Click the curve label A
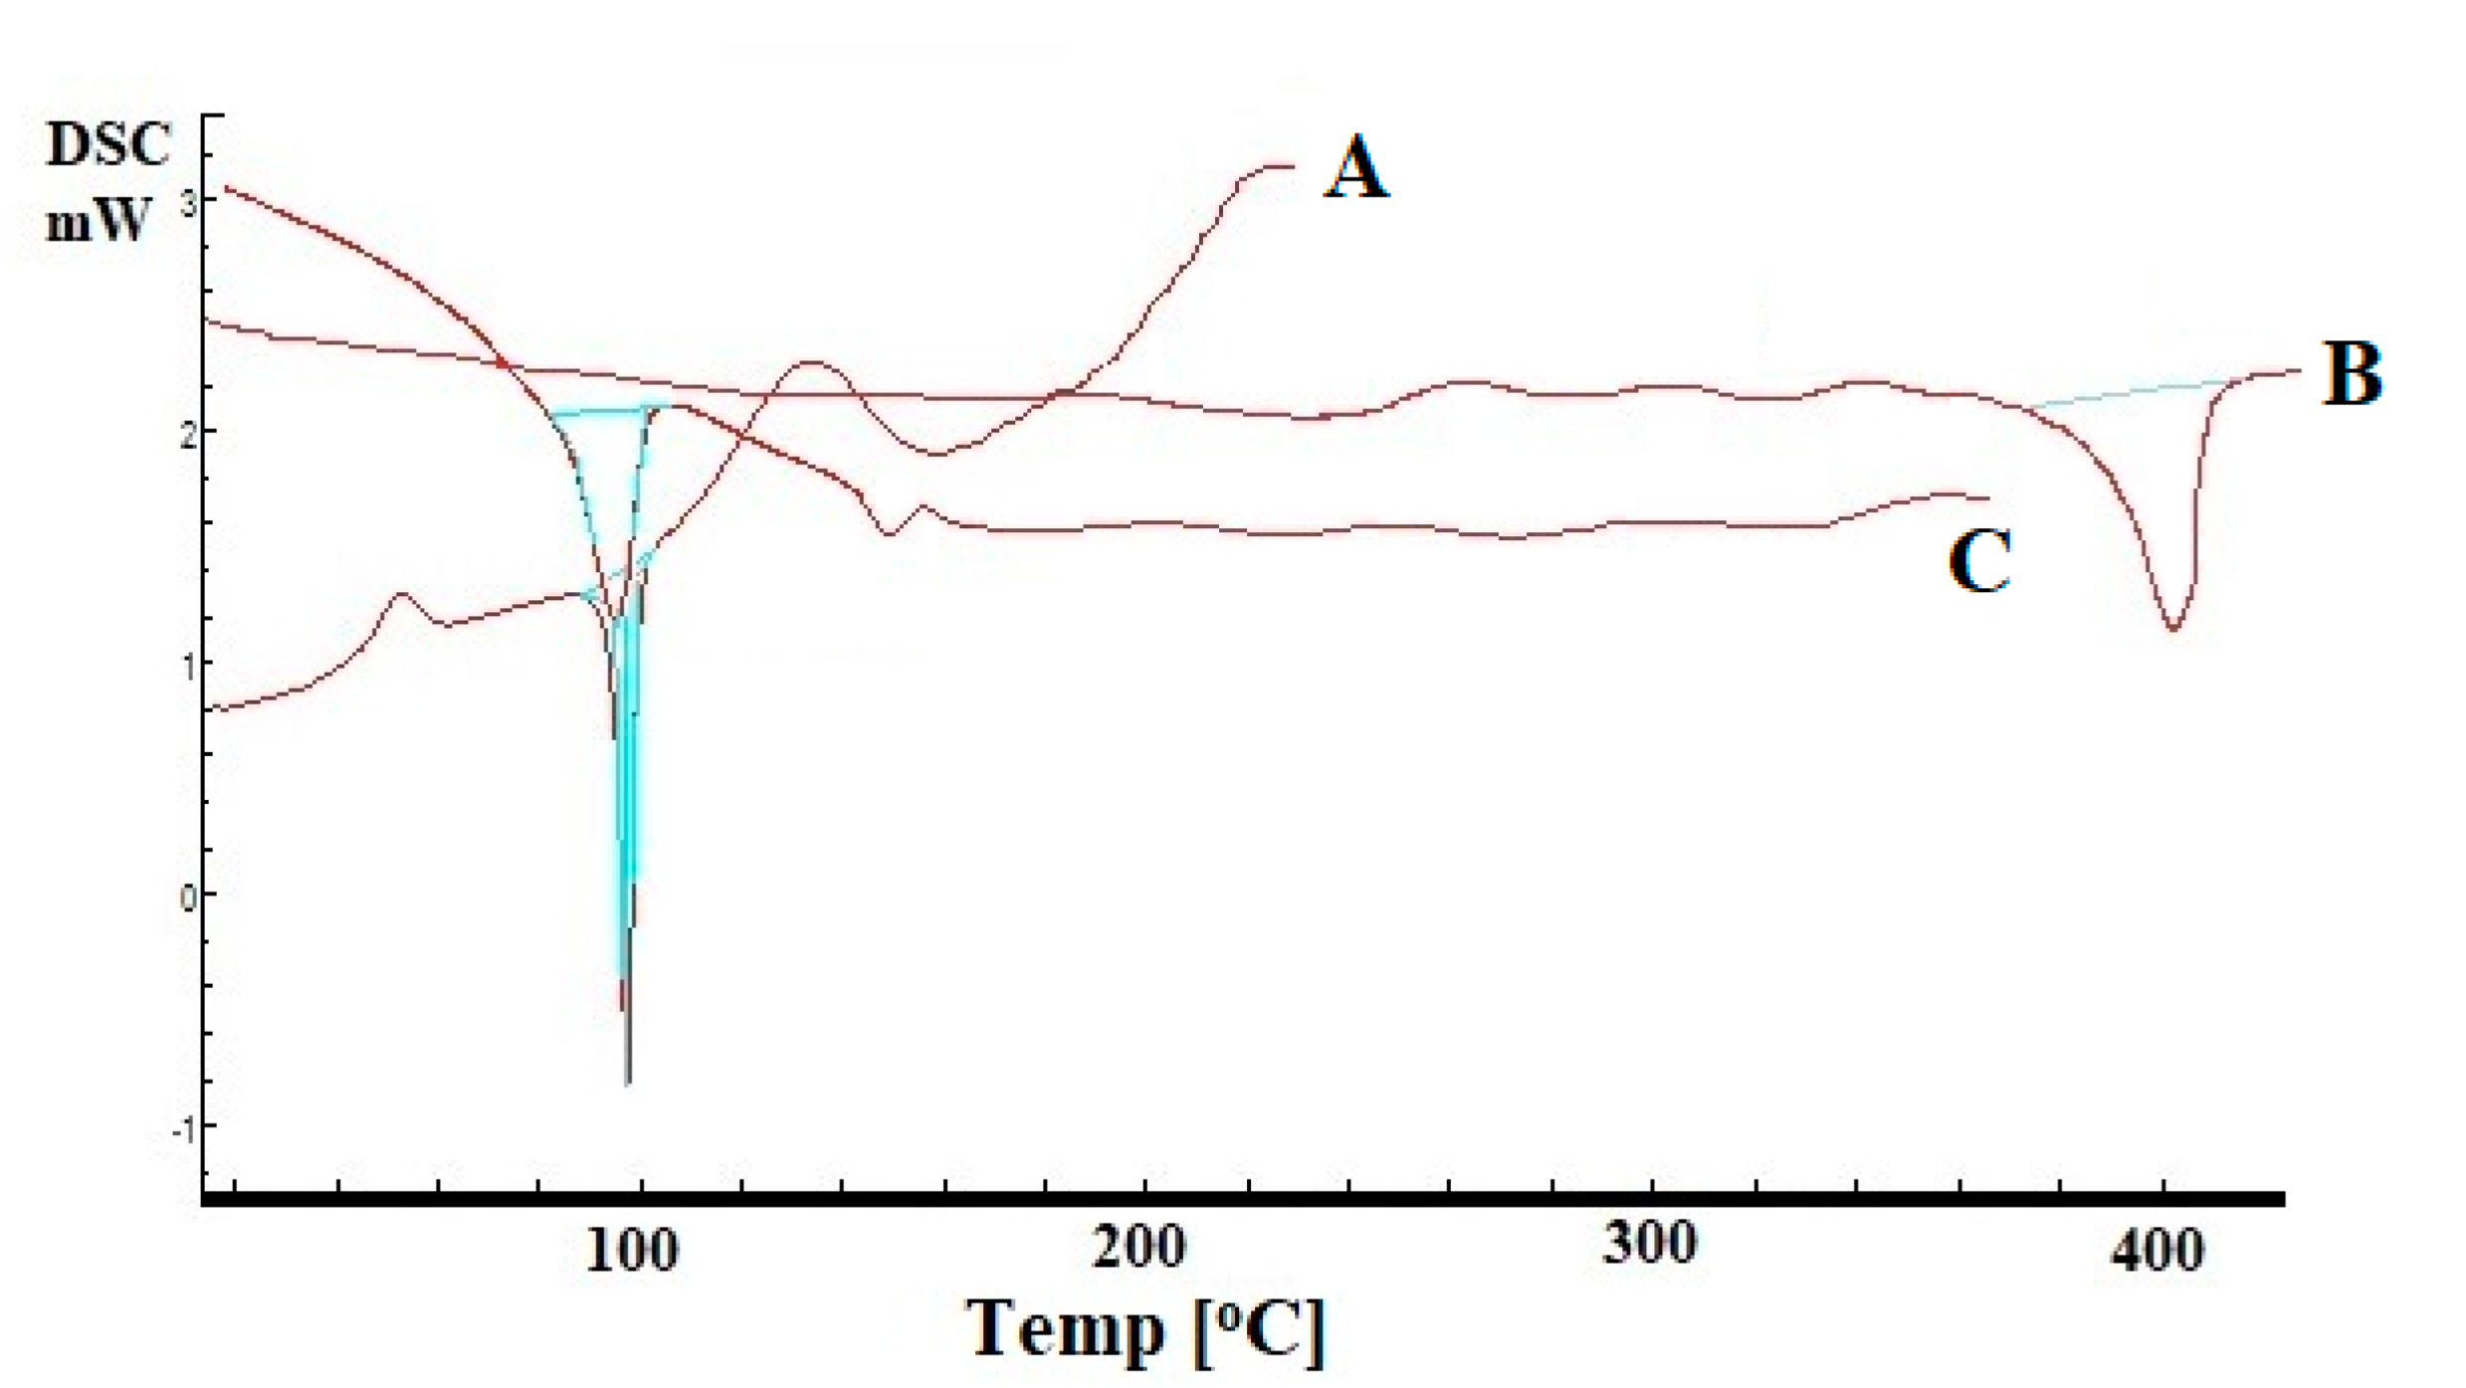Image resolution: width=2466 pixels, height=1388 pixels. [x=1355, y=169]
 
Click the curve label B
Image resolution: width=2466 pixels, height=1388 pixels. [x=2353, y=374]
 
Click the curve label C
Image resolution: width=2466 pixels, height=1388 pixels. [x=1978, y=561]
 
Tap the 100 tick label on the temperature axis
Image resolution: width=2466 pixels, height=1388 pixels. [x=632, y=1251]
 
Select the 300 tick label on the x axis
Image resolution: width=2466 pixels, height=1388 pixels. [x=1649, y=1244]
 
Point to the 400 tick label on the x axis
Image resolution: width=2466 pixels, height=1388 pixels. [x=2157, y=1251]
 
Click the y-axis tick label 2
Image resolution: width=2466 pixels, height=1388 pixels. [x=188, y=436]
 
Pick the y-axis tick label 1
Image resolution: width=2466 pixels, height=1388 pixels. [x=189, y=667]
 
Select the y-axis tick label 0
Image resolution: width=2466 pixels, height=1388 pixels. [x=188, y=897]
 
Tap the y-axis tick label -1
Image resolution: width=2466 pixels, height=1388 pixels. [x=183, y=1129]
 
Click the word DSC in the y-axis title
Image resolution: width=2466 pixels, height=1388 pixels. [x=107, y=145]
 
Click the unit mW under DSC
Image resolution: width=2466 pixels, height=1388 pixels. [x=98, y=221]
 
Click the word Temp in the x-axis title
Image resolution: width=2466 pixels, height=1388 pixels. [x=1065, y=1328]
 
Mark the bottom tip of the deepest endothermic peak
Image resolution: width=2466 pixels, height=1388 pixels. [x=627, y=1083]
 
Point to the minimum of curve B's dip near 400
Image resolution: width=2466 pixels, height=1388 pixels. [x=2173, y=629]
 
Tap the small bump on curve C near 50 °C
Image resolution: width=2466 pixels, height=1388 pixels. [x=401, y=594]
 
